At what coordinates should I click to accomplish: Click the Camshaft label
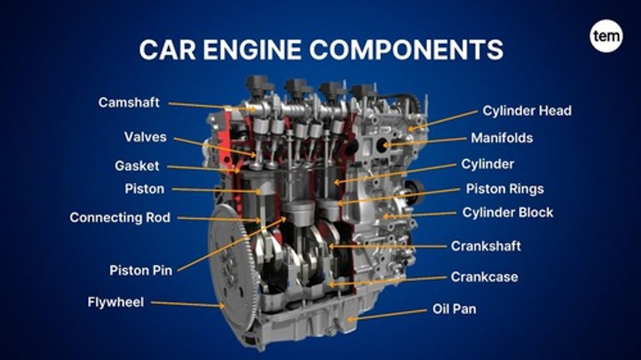pyautogui.click(x=129, y=103)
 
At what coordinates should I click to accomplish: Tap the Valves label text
pyautogui.click(x=145, y=137)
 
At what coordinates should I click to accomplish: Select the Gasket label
pyautogui.click(x=137, y=166)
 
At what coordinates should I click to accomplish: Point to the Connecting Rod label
pyautogui.click(x=120, y=218)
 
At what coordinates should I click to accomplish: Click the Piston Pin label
pyautogui.click(x=141, y=270)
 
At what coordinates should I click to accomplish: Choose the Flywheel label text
pyautogui.click(x=116, y=303)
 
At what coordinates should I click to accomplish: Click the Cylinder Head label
pyautogui.click(x=527, y=111)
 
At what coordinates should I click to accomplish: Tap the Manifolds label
pyautogui.click(x=502, y=138)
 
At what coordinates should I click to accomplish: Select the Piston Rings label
pyautogui.click(x=505, y=189)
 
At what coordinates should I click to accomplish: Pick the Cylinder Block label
pyautogui.click(x=507, y=213)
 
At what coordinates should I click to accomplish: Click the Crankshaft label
pyautogui.click(x=486, y=246)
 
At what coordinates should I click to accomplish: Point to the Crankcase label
pyautogui.click(x=484, y=277)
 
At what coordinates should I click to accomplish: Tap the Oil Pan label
pyautogui.click(x=454, y=309)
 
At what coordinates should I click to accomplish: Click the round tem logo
pyautogui.click(x=606, y=36)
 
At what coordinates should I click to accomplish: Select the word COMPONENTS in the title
pyautogui.click(x=406, y=50)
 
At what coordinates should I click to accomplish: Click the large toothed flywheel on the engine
pyautogui.click(x=231, y=267)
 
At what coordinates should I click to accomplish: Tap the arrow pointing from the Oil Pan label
pyautogui.click(x=387, y=314)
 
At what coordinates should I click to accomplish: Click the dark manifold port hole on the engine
pyautogui.click(x=381, y=144)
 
